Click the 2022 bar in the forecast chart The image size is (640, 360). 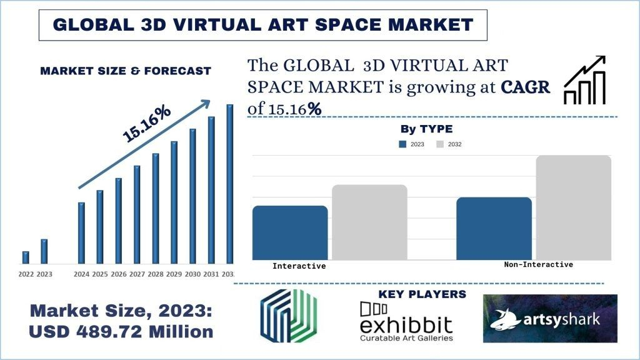[26, 257]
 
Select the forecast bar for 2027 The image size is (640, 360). [137, 214]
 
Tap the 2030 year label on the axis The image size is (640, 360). [192, 274]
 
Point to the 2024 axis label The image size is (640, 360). [81, 274]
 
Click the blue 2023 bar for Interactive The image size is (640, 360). [290, 232]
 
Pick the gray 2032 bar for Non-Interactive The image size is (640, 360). [573, 207]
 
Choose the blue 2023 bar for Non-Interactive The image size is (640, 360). [494, 228]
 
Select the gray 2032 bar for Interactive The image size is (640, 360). [369, 222]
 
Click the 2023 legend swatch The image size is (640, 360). [402, 144]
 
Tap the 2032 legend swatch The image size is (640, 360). [440, 144]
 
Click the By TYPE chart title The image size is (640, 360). [426, 129]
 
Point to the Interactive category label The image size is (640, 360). [299, 266]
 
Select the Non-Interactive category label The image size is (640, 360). [538, 264]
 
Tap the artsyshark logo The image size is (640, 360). [550, 319]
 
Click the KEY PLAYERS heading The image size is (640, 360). [422, 294]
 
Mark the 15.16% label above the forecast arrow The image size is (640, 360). [146, 124]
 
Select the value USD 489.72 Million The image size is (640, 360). [122, 332]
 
